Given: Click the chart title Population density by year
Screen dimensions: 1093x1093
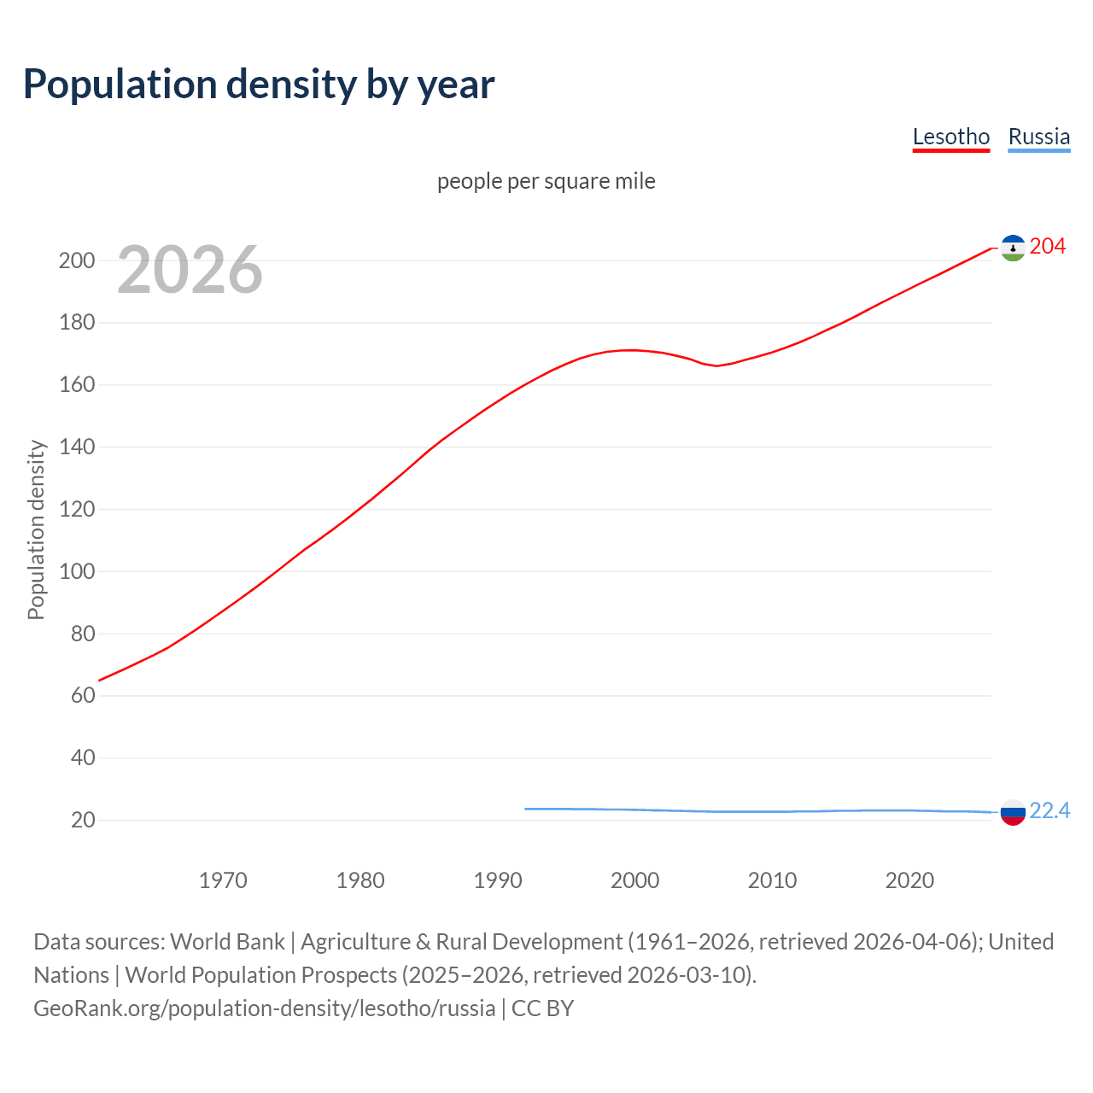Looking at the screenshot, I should (259, 85).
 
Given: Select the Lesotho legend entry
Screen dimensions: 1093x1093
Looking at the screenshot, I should (950, 137).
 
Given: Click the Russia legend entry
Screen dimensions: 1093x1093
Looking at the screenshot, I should (1038, 137).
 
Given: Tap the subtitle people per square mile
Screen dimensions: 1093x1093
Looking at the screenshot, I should (546, 181).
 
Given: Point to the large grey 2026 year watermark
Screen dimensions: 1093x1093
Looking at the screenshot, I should (190, 270).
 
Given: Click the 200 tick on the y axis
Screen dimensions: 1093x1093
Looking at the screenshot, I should (77, 260).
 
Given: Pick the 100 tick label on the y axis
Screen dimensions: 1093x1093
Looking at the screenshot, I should (77, 571).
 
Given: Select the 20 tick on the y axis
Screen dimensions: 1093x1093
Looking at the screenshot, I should (83, 821).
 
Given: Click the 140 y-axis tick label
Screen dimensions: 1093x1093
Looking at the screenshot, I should (77, 447).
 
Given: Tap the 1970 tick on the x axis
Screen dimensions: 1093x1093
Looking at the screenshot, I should (223, 880).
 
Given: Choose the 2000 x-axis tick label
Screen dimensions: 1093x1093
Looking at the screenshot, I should (634, 880).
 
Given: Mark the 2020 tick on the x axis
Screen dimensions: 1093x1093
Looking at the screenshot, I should (909, 880).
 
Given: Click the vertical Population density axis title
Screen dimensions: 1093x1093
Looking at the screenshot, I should (36, 529).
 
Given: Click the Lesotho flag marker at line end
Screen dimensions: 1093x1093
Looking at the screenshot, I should (1013, 248).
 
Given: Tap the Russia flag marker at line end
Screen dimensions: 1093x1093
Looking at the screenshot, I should (1013, 812).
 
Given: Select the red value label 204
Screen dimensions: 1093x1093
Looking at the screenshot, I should (1048, 247).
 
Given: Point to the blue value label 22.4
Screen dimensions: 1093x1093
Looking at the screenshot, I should (1049, 810).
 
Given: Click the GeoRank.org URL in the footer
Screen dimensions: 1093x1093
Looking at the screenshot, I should (264, 1008).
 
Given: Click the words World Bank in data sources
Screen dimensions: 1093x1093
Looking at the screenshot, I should (227, 942).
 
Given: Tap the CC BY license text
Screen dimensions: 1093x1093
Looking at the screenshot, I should (542, 1008).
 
